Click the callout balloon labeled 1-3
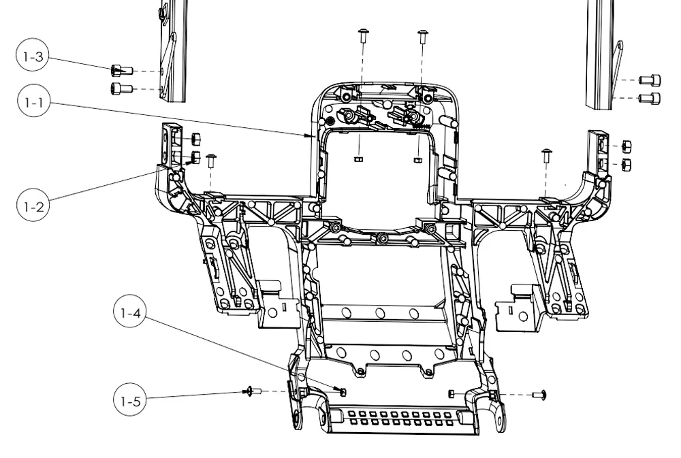click(33, 56)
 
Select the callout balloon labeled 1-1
click(34, 102)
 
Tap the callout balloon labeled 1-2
click(33, 206)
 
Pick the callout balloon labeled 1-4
click(130, 312)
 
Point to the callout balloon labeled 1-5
click(130, 401)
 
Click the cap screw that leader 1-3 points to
click(122, 70)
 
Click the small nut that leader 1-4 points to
click(343, 392)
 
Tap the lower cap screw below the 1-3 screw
click(122, 88)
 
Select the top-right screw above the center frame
click(423, 36)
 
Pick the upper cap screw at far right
click(650, 80)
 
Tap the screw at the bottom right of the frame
click(539, 395)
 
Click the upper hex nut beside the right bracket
click(627, 146)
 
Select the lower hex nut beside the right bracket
click(627, 165)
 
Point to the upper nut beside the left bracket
click(195, 139)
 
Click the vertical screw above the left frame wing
click(211, 160)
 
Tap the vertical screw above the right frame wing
click(547, 155)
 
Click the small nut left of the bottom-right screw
click(452, 393)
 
